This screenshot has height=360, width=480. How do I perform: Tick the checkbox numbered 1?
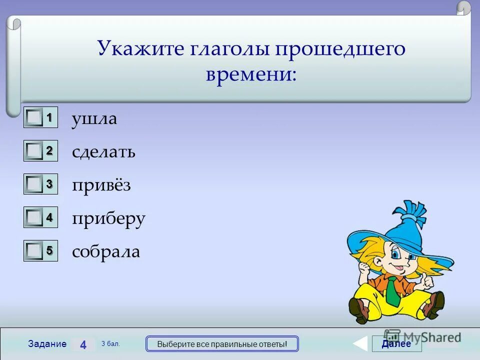(x=34, y=118)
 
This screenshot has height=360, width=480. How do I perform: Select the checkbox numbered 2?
(x=34, y=151)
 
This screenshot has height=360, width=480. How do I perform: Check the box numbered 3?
(x=34, y=184)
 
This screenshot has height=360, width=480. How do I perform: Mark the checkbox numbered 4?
(x=34, y=217)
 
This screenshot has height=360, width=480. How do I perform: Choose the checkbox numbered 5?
(x=34, y=250)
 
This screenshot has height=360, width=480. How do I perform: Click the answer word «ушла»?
(x=94, y=119)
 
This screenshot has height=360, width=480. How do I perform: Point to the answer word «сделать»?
(x=103, y=152)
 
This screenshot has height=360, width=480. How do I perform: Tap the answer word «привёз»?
(x=101, y=185)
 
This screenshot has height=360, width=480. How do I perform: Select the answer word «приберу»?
(x=108, y=219)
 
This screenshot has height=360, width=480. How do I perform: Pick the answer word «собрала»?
(x=106, y=251)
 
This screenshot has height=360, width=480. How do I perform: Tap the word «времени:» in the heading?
(x=251, y=74)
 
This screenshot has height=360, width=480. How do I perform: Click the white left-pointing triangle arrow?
(x=360, y=344)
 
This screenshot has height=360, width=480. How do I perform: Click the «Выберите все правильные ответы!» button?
(x=222, y=344)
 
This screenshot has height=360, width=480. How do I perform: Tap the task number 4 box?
(x=83, y=344)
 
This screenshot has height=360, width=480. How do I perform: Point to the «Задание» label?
(x=47, y=344)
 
